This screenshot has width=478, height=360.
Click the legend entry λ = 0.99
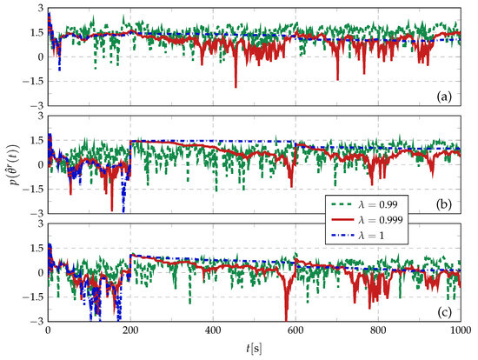tap(364, 204)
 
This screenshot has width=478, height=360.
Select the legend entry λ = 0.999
tap(367, 220)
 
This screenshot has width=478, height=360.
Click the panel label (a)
tap(444, 97)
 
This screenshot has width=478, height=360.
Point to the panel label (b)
tap(444, 204)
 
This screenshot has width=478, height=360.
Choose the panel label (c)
tap(444, 312)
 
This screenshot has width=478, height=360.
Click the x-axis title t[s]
tap(254, 349)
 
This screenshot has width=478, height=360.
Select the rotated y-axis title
tap(14, 164)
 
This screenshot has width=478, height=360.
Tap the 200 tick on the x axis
tap(130, 331)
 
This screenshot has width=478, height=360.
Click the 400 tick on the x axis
tap(213, 331)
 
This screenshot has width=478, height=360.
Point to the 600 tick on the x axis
tap(295, 331)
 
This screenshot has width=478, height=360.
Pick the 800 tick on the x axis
tap(378, 331)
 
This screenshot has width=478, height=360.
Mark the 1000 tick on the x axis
tap(461, 331)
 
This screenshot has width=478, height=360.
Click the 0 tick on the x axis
tap(48, 331)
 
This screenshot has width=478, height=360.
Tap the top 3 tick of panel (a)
tap(41, 8)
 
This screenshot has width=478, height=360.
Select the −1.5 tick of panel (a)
tap(34, 82)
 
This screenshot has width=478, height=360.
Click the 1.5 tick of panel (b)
tap(37, 141)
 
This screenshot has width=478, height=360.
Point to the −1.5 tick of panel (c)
tap(34, 297)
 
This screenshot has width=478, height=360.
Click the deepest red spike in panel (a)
tap(236, 87)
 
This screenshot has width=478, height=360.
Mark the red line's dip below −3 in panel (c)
tap(286, 319)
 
